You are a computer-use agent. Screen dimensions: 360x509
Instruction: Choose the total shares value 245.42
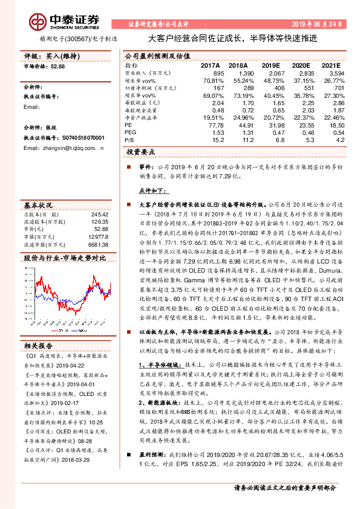(99, 214)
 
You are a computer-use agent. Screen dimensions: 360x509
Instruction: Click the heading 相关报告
(38, 345)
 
